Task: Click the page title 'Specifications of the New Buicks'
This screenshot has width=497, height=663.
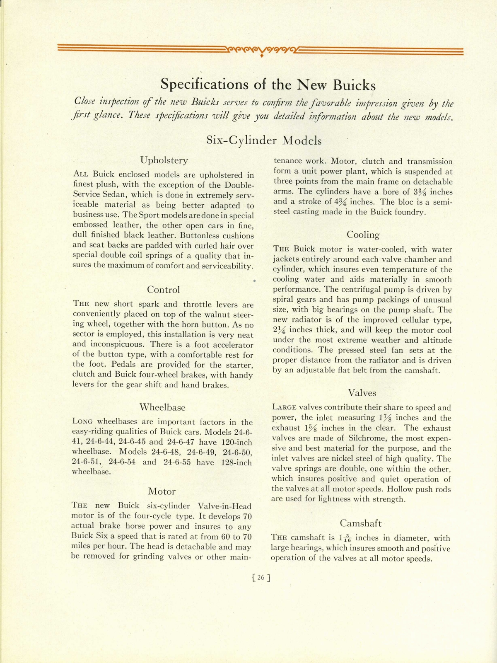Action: [x=268, y=85]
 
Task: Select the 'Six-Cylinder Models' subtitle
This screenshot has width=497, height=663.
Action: [x=264, y=140]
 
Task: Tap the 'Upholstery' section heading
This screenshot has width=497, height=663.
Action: [x=164, y=160]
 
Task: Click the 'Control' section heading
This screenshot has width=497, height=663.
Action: [x=164, y=289]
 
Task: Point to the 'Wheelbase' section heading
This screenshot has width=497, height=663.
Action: [x=162, y=407]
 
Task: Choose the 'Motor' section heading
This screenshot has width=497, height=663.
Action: [x=162, y=491]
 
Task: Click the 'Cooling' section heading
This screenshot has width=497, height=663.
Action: [x=363, y=235]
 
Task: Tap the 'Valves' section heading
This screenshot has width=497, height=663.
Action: [x=362, y=392]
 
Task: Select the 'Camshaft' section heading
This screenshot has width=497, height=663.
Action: [x=361, y=523]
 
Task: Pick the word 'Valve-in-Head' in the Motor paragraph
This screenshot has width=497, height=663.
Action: [x=224, y=506]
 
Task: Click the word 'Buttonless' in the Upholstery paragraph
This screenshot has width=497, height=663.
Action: [x=189, y=235]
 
